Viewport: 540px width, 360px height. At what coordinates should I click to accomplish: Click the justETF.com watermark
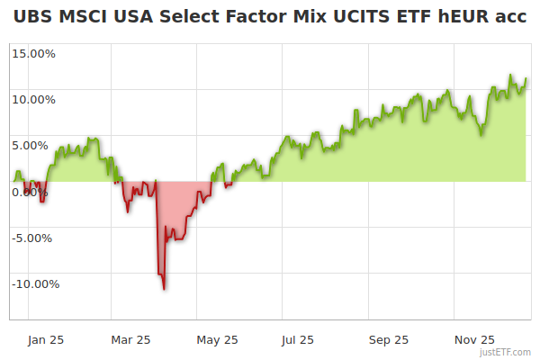504,352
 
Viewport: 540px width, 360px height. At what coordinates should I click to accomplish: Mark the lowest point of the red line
164,289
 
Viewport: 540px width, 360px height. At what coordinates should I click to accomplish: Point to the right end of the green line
526,79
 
